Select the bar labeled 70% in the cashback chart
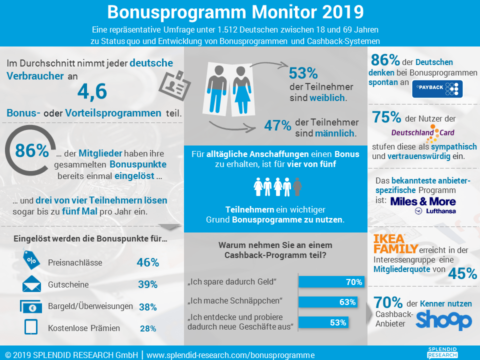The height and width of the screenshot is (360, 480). coord(331,282)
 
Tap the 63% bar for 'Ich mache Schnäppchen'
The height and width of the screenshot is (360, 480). coord(328,302)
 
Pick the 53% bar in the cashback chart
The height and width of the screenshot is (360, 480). coord(323,322)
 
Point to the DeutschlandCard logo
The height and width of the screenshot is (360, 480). coord(422,132)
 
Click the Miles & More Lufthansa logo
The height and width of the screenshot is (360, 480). coord(423,205)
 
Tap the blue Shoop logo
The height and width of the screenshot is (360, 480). coord(443,320)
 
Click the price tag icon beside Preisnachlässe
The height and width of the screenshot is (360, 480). coord(31,261)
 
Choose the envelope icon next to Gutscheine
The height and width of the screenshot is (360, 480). coord(31,284)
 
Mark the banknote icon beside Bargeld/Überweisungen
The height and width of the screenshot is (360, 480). coord(31,306)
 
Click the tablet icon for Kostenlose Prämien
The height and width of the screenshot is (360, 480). coord(31,328)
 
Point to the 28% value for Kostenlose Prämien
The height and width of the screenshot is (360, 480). coord(148,328)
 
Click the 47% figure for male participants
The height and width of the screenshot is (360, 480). coord(277,125)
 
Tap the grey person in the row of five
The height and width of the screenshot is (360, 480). coord(297,187)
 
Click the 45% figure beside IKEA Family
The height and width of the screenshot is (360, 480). coord(462,273)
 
